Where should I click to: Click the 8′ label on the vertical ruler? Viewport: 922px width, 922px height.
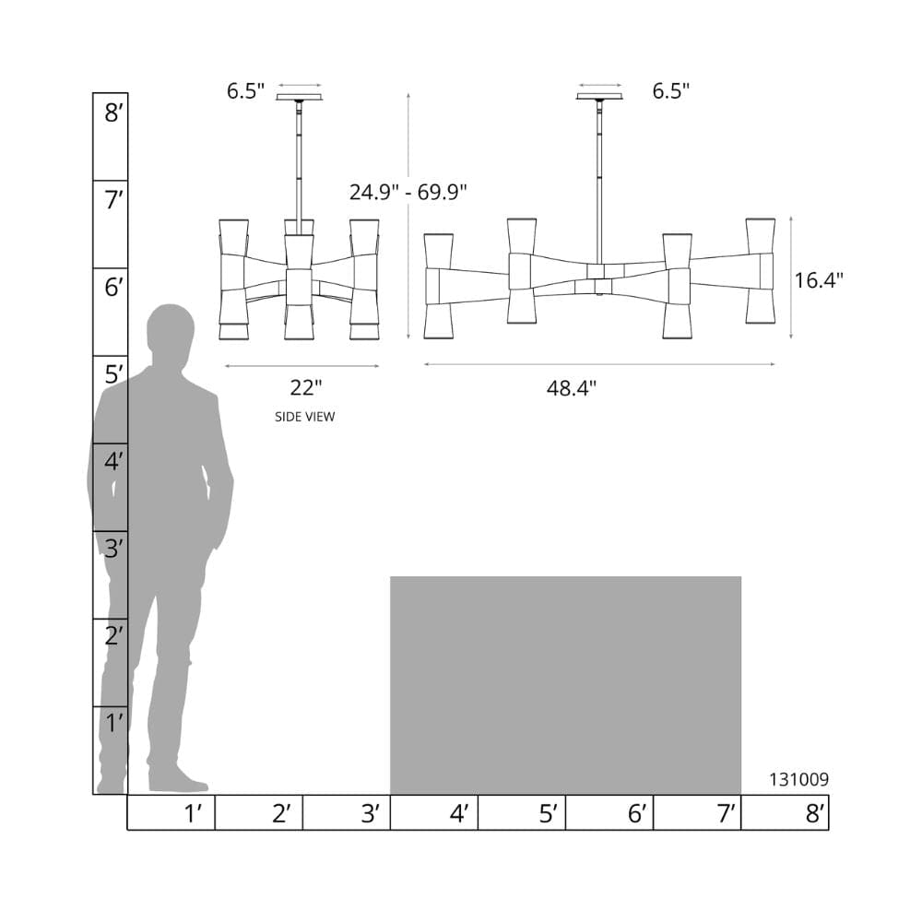point(113,112)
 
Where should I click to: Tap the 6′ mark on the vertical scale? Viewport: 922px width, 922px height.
point(113,288)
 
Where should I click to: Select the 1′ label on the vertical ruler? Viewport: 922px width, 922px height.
point(114,723)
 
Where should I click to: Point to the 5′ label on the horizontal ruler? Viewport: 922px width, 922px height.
point(548,814)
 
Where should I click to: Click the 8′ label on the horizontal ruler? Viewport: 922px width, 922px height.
point(815,814)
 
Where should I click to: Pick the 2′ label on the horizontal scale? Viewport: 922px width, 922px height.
point(281,814)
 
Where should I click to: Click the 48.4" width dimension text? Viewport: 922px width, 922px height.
point(571,388)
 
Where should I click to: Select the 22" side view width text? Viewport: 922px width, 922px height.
point(306,387)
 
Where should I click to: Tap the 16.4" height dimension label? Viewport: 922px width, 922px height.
point(819,280)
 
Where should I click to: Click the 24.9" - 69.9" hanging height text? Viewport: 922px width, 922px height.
point(408,193)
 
